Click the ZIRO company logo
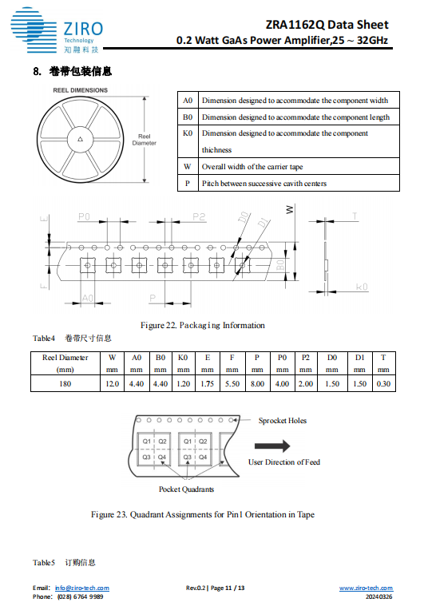click(57, 30)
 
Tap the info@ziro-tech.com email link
click(81, 588)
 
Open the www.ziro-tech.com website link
click(366, 588)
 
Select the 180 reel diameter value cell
click(65, 384)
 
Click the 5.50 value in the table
click(232, 384)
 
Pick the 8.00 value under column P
click(257, 384)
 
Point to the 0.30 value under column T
click(383, 384)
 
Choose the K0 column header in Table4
click(183, 358)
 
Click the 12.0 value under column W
click(112, 384)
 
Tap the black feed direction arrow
click(272, 446)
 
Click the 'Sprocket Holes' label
click(283, 421)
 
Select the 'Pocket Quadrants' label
click(186, 489)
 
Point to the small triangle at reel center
click(81, 139)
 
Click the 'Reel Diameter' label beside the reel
click(144, 140)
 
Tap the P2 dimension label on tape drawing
click(199, 216)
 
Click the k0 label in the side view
click(362, 287)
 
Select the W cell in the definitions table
click(188, 166)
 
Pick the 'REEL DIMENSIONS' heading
click(81, 90)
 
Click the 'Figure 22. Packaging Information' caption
click(202, 326)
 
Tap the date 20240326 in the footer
click(379, 596)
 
